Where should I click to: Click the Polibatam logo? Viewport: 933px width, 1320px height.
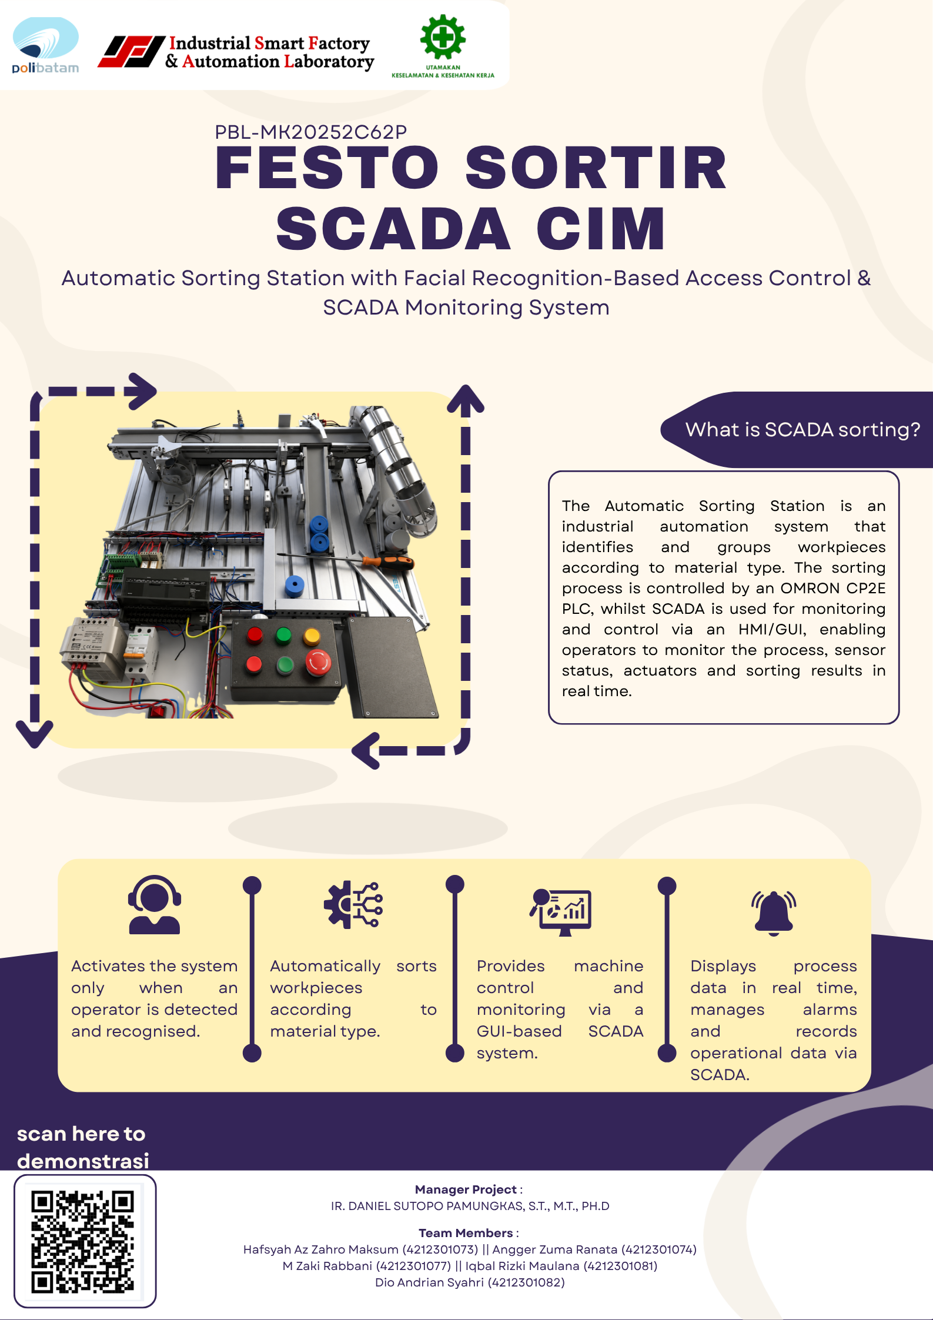[x=45, y=45]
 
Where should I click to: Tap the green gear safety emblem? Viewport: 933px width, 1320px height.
[x=443, y=37]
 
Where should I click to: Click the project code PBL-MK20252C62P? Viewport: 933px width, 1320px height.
[x=310, y=132]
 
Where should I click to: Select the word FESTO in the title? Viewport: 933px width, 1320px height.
[x=327, y=168]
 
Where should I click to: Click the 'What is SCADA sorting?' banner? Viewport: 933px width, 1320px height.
[x=797, y=430]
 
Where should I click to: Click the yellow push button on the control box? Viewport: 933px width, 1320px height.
[x=312, y=636]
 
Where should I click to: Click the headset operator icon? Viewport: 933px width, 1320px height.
[x=155, y=905]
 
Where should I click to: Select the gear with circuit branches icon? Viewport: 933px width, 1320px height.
[x=353, y=905]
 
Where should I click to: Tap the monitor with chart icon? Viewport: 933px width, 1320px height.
[x=560, y=912]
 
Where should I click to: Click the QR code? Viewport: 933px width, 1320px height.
[x=83, y=1241]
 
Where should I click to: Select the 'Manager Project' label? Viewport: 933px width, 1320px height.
[x=466, y=1189]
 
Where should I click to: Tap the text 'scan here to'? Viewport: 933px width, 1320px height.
[x=81, y=1134]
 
